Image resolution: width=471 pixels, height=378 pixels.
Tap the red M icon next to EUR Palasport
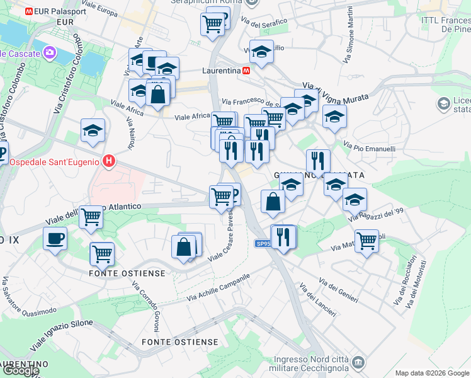coord(30,11)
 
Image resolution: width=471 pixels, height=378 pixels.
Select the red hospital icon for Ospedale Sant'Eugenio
coord(110,161)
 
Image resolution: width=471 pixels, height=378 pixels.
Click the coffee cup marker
coord(55,239)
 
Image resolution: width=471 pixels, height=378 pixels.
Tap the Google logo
coord(21,370)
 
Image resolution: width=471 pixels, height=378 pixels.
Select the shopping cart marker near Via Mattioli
coord(366,240)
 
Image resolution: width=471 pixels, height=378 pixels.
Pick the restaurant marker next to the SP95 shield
coord(283,237)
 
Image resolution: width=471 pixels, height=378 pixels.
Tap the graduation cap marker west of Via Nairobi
coord(93,130)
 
